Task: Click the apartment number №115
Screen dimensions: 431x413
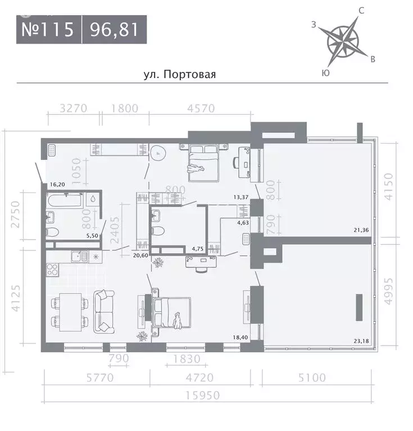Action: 48,30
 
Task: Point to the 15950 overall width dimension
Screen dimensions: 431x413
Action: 205,396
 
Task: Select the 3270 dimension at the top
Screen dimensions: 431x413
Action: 73,109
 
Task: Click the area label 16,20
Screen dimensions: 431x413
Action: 57,184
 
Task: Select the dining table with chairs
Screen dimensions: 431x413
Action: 70,312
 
